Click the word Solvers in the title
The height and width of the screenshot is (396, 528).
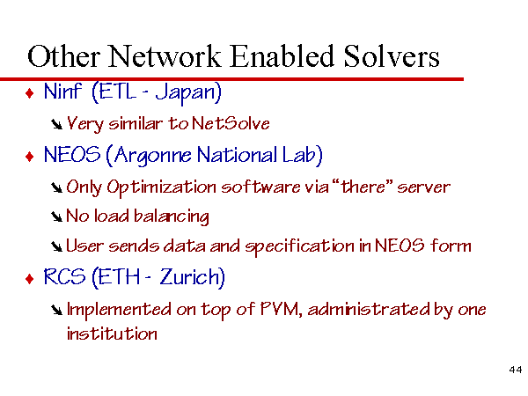(x=392, y=56)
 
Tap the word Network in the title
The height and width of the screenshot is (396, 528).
(x=165, y=56)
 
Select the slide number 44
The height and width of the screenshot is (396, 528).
(x=516, y=370)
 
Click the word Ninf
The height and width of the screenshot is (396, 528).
(x=62, y=91)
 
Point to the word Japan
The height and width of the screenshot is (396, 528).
(x=188, y=92)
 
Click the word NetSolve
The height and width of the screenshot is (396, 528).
(x=231, y=123)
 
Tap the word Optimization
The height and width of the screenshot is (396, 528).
(x=161, y=187)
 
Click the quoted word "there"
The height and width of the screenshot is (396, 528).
(x=363, y=187)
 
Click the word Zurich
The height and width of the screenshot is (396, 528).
(x=192, y=277)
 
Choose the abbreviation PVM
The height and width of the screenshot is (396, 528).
(x=280, y=309)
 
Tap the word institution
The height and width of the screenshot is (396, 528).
(x=112, y=334)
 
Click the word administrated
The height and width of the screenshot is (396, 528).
(x=369, y=309)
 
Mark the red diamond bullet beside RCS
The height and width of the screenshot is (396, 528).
(x=30, y=279)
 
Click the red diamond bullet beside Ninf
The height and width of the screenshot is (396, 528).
(x=30, y=93)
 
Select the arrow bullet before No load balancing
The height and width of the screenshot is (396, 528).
(x=56, y=217)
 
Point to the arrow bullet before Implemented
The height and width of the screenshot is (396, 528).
(x=56, y=310)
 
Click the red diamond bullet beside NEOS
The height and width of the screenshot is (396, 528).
(x=30, y=157)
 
